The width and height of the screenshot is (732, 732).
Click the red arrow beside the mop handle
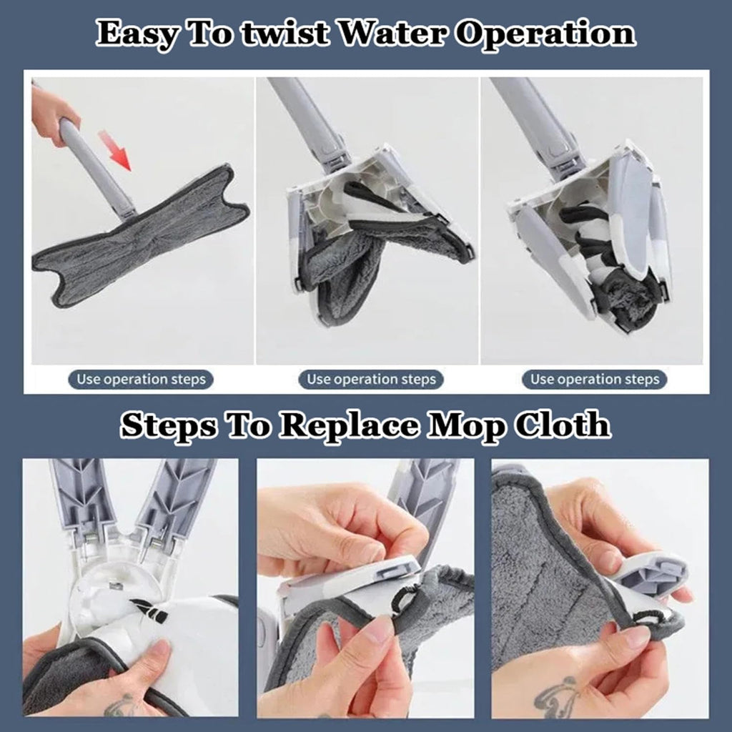[x=115, y=151]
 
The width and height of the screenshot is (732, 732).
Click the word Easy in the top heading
[x=137, y=34]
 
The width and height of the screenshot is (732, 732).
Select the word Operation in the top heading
[x=545, y=34]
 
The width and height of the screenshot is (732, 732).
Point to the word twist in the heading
[x=286, y=34]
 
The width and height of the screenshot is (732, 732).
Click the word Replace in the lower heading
[x=348, y=425]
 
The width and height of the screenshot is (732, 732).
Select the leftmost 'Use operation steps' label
[x=141, y=379]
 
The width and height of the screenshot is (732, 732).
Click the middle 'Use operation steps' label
[x=371, y=379]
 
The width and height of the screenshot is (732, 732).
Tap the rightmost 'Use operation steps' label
[x=595, y=379]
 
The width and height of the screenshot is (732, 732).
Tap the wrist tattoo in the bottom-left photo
[x=120, y=705]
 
